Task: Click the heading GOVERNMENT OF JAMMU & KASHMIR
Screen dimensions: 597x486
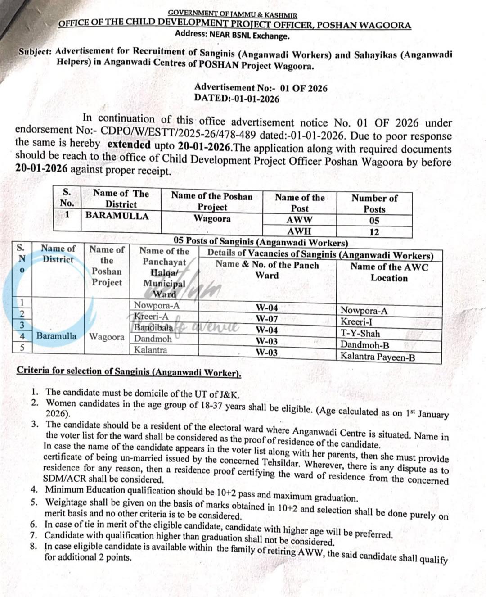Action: point(233,14)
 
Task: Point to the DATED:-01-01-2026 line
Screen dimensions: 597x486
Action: point(237,99)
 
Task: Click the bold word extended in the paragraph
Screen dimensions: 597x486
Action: point(129,145)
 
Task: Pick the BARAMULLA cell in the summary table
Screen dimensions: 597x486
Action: point(117,216)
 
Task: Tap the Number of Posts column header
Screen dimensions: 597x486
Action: point(374,204)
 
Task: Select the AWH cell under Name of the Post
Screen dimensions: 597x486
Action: point(299,231)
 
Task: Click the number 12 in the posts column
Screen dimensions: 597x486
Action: point(374,232)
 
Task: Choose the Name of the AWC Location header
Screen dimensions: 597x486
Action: point(389,272)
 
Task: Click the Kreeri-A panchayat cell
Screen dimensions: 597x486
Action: point(151,317)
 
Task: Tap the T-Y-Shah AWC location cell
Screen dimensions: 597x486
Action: point(360,334)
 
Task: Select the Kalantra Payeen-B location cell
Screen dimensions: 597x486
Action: point(377,357)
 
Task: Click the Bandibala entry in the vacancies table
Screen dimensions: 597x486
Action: point(153,327)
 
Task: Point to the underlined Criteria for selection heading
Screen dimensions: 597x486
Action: point(129,372)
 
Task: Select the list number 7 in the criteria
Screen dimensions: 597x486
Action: point(34,536)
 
